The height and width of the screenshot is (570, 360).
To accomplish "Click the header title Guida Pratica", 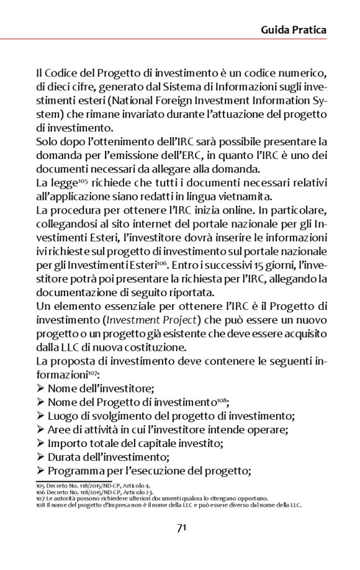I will click(x=293, y=30).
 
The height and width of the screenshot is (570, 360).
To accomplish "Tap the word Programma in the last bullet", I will click(x=73, y=471).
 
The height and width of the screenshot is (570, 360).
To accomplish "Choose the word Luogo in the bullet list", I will click(x=62, y=417).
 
